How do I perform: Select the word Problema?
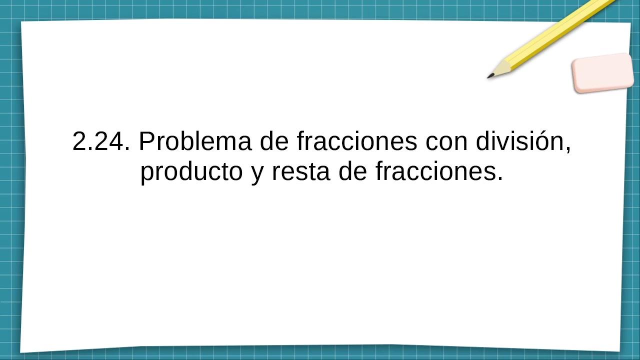[x=195, y=141]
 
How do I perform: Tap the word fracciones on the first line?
[x=357, y=141]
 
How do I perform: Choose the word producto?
[x=191, y=172]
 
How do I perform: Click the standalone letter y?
[x=257, y=175]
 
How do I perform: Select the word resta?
[x=301, y=172]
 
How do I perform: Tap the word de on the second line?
[x=352, y=171]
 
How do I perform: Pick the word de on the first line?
[x=274, y=141]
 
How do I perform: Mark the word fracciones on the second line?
[x=435, y=171]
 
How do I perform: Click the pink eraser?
[x=602, y=73]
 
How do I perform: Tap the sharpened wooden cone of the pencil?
[x=500, y=68]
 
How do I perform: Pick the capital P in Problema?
[x=147, y=141]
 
